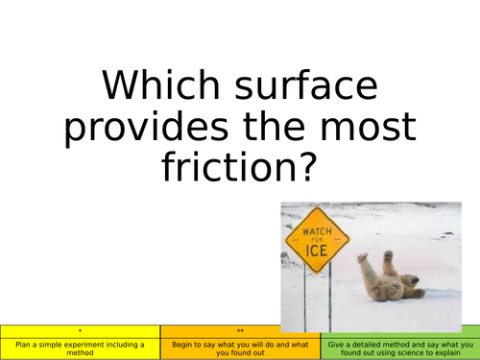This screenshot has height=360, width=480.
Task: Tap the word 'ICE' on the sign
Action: click(x=318, y=252)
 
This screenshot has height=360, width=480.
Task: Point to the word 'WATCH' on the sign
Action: click(x=318, y=232)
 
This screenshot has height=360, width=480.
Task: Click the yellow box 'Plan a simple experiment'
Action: click(x=80, y=348)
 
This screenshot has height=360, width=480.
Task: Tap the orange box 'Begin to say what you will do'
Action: click(x=240, y=348)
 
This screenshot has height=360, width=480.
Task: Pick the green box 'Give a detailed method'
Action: click(x=399, y=348)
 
